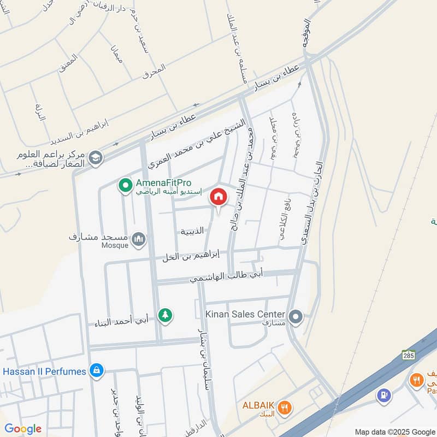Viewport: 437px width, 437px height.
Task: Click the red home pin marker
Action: coord(218,197)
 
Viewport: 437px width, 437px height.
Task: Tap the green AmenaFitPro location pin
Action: coord(125,186)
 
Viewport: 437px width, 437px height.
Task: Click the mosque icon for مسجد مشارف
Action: coord(139,239)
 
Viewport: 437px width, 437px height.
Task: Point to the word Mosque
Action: coord(114,246)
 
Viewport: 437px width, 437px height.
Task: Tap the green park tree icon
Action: coord(164,315)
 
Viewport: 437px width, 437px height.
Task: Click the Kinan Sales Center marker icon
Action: coord(296,316)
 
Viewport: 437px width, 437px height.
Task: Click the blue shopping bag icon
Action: coord(96,371)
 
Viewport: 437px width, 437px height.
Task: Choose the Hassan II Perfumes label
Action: coord(44,371)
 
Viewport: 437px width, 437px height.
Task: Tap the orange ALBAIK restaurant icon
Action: coord(284,407)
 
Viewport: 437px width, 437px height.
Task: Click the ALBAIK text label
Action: coord(258,405)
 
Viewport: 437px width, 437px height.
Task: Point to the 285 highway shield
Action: coord(409,355)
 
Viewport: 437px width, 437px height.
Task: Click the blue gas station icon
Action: coord(385,394)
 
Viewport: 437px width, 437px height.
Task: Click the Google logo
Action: coord(23,429)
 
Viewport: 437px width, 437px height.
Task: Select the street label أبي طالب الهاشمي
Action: coord(227,276)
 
